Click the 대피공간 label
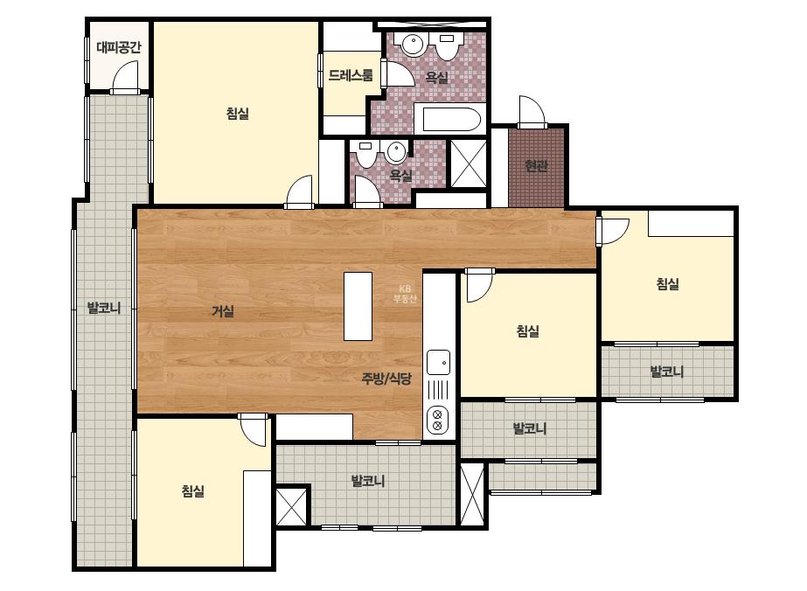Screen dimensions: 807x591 pyautogui.click(x=118, y=48)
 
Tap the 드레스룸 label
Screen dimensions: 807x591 pyautogui.click(x=351, y=76)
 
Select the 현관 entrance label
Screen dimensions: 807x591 pyautogui.click(x=536, y=165)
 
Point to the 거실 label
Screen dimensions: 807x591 pyautogui.click(x=223, y=311)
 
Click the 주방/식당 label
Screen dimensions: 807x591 pyautogui.click(x=386, y=379)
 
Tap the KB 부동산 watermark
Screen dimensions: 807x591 pyautogui.click(x=405, y=294)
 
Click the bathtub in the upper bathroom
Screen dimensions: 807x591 pyautogui.click(x=448, y=120)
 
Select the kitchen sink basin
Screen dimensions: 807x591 pyautogui.click(x=439, y=363)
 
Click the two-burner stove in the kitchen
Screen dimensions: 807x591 pyautogui.click(x=438, y=420)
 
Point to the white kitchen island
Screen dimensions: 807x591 pyautogui.click(x=358, y=306)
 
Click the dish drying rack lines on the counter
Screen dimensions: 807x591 pyautogui.click(x=439, y=390)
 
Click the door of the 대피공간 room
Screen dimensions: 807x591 pyautogui.click(x=125, y=77)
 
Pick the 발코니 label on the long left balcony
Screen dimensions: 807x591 pyautogui.click(x=104, y=309)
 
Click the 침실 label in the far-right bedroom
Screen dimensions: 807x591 pyautogui.click(x=667, y=283)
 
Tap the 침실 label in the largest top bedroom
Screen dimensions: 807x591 pyautogui.click(x=238, y=114)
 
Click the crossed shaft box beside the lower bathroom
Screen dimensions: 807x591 pyautogui.click(x=469, y=163)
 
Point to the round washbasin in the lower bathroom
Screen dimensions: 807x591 pyautogui.click(x=397, y=151)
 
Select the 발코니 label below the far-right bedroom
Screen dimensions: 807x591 pyautogui.click(x=667, y=372)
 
